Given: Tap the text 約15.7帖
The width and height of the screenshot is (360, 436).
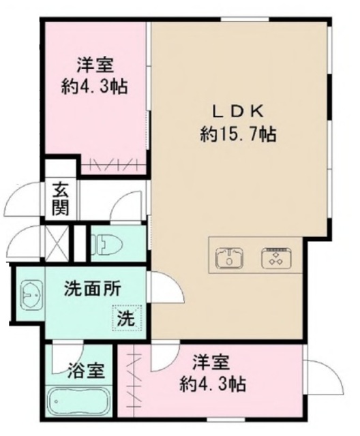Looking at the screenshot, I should pos(238,134).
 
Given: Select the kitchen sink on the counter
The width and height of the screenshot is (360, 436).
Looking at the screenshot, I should pos(230,258).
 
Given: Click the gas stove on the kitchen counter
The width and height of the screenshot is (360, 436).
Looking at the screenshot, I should pos(276,258).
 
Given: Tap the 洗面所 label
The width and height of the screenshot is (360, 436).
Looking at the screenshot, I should pos(93,289).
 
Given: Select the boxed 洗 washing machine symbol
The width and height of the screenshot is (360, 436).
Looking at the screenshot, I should pos(125,317).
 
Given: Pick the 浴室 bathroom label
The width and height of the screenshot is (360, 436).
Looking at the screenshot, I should pos(87,371).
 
